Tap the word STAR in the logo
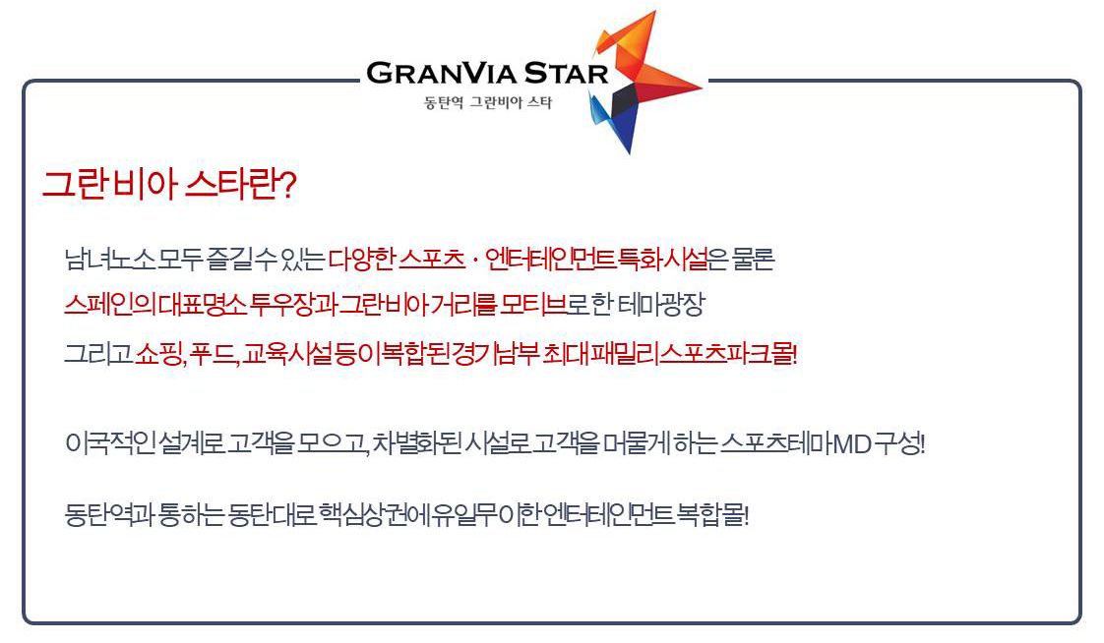click(566, 73)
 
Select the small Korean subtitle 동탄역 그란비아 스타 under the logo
click(488, 102)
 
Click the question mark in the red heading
click(287, 185)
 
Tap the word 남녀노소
click(109, 260)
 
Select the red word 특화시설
click(662, 260)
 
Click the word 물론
click(753, 260)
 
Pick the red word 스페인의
click(110, 305)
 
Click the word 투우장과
click(293, 305)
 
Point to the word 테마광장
click(661, 305)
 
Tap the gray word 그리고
click(98, 352)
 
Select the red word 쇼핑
click(159, 352)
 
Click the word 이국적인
click(110, 444)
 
